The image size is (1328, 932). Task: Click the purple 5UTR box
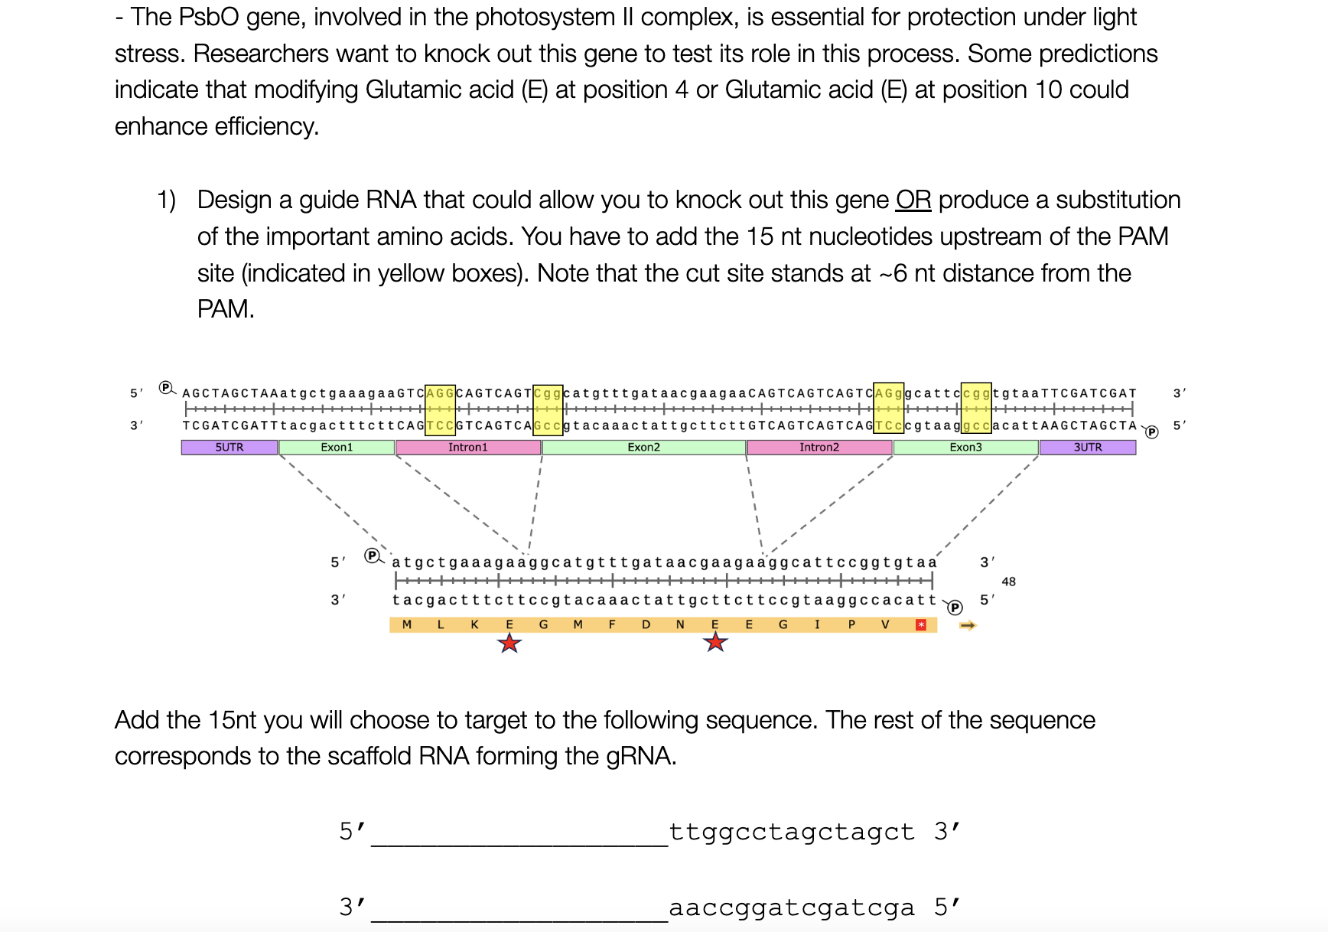[x=229, y=448]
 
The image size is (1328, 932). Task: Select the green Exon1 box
[x=337, y=448]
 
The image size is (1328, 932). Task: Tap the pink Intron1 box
[x=467, y=448]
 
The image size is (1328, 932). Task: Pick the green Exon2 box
[x=643, y=448]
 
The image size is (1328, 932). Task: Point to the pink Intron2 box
[x=819, y=448]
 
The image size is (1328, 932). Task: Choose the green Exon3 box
[x=965, y=448]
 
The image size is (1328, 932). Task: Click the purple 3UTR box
[x=1087, y=448]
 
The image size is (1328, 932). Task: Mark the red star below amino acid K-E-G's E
[x=509, y=644]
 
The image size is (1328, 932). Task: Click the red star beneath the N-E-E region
[x=715, y=642]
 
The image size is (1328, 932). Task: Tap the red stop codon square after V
[x=921, y=625]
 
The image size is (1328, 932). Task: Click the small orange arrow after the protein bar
[x=968, y=626]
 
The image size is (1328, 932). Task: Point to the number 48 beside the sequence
[x=1008, y=582]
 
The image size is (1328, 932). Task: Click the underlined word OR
[x=913, y=200]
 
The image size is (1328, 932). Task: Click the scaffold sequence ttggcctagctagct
[x=792, y=832]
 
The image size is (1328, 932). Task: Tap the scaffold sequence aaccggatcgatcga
[x=792, y=908]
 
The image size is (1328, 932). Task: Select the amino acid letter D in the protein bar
[x=646, y=625]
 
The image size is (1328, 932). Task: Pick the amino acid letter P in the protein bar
[x=851, y=625]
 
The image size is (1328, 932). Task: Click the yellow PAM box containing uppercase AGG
[x=440, y=393]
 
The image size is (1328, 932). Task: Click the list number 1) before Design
[x=166, y=200]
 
